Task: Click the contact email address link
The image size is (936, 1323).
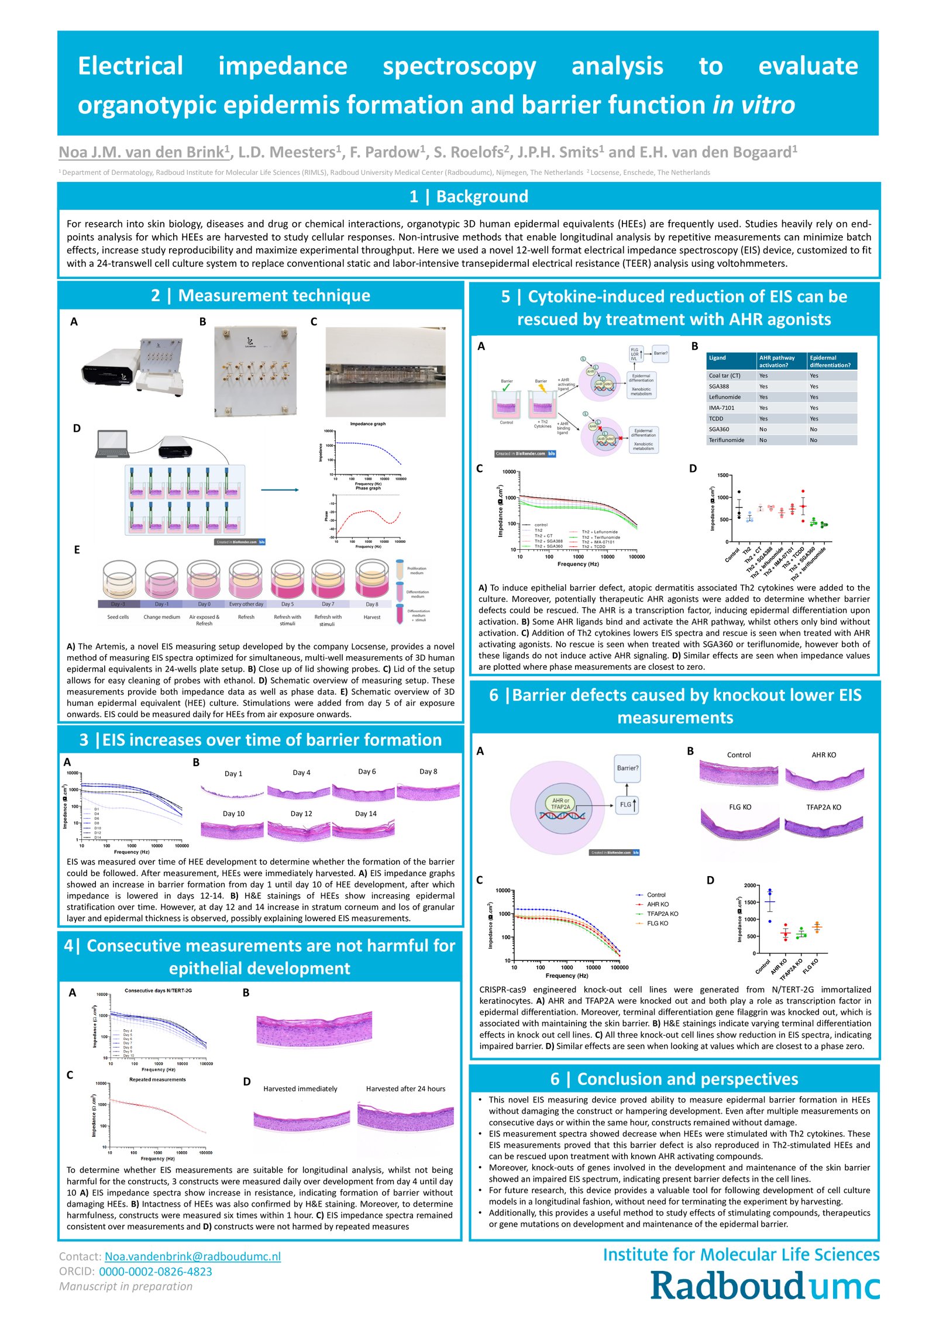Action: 192,1256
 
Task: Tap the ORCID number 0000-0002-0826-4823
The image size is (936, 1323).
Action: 155,1271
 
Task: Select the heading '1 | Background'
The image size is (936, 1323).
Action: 469,197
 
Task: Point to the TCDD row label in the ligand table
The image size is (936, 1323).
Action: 716,419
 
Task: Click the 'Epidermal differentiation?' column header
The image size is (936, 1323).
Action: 830,361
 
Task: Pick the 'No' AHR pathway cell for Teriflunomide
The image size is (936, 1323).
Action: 763,440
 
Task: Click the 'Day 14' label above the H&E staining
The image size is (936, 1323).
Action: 366,814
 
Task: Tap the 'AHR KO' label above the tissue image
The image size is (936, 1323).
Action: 824,755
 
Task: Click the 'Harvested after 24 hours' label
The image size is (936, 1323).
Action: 405,1088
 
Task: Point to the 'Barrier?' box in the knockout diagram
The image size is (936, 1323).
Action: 628,768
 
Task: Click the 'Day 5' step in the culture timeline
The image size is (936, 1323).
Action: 287,604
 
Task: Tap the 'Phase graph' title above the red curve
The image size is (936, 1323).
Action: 369,488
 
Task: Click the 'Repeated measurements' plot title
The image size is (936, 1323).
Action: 157,1079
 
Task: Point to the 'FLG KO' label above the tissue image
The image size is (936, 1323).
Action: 740,807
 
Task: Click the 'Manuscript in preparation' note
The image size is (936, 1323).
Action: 126,1286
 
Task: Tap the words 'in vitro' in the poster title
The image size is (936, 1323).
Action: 753,105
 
